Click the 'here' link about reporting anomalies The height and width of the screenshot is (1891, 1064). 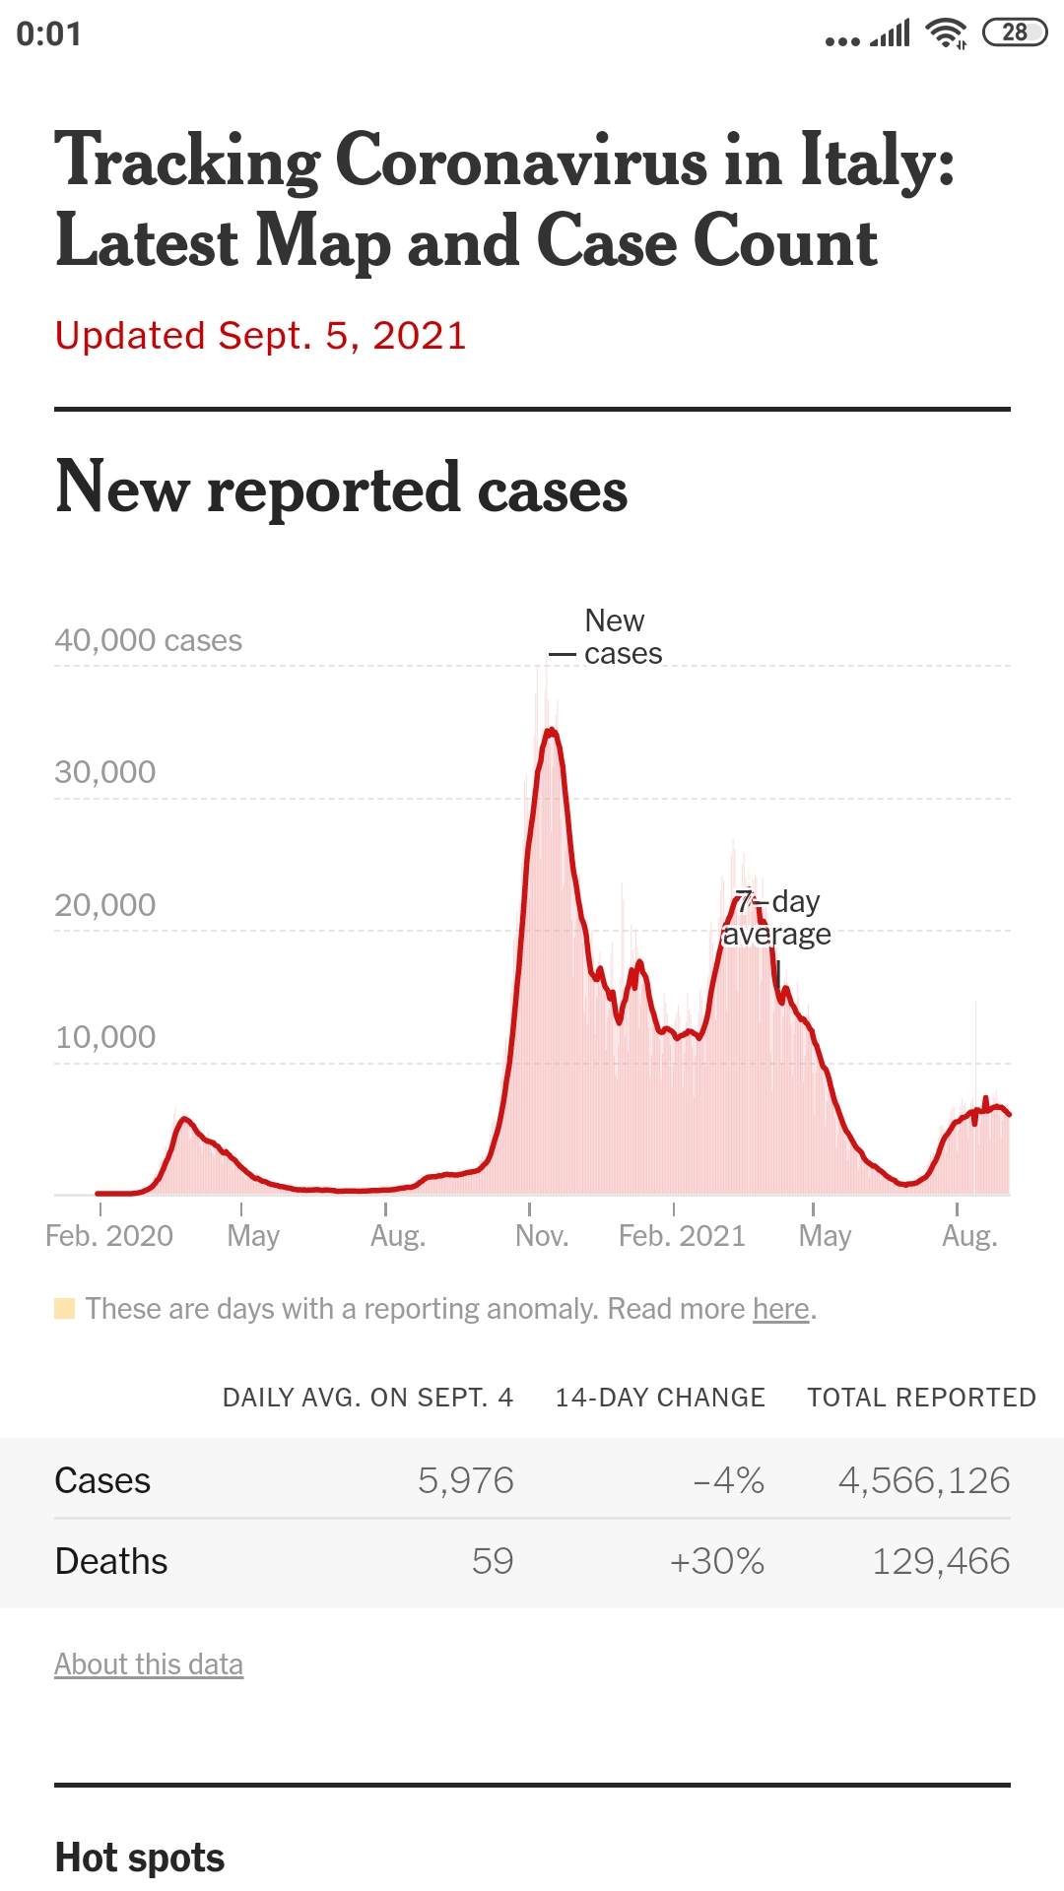pyautogui.click(x=781, y=1309)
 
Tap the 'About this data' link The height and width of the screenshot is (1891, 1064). pyautogui.click(x=149, y=1664)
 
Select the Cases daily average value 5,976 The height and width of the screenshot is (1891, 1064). pyautogui.click(x=466, y=1480)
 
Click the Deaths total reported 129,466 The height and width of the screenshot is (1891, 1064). pyautogui.click(x=941, y=1561)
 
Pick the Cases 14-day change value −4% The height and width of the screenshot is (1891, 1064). pyautogui.click(x=729, y=1480)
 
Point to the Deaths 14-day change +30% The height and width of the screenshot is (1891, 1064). pyautogui.click(x=717, y=1561)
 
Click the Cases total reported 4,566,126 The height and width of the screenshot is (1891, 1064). pyautogui.click(x=924, y=1480)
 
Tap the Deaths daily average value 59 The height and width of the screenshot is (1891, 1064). pyautogui.click(x=493, y=1561)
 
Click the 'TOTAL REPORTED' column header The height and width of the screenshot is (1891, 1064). pyautogui.click(x=921, y=1398)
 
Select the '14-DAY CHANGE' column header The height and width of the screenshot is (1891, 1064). pyautogui.click(x=660, y=1398)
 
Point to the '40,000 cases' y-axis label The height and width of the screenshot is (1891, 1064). pyautogui.click(x=148, y=640)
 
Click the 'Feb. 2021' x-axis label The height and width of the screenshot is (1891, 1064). pyautogui.click(x=682, y=1236)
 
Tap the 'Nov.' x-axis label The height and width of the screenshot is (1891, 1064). pyautogui.click(x=542, y=1236)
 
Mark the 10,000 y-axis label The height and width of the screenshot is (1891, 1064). pyautogui.click(x=105, y=1037)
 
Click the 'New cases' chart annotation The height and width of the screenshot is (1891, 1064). pyautogui.click(x=619, y=637)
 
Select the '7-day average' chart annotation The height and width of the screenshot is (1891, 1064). pyautogui.click(x=778, y=918)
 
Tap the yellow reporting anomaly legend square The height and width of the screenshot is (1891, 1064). pyautogui.click(x=65, y=1309)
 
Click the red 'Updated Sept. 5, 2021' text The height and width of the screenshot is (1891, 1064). pyautogui.click(x=260, y=336)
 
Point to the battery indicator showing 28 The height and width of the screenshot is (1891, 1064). pyautogui.click(x=1015, y=33)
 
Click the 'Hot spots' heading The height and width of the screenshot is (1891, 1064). pyautogui.click(x=140, y=1858)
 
